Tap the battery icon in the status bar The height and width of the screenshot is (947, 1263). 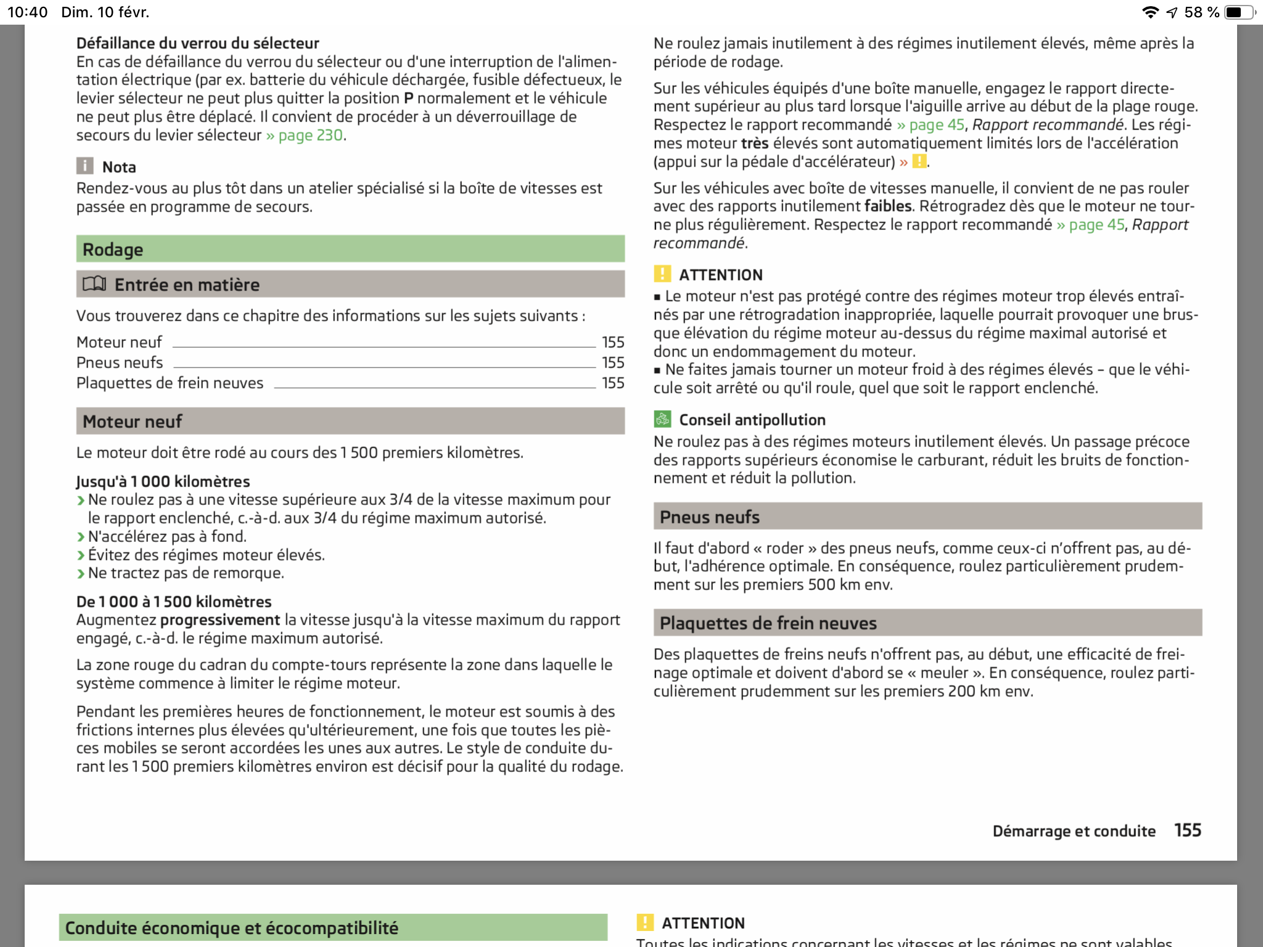click(1238, 12)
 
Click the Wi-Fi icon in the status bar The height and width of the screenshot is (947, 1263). click(1150, 12)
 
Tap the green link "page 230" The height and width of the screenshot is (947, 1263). click(310, 135)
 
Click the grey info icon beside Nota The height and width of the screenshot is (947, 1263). click(85, 166)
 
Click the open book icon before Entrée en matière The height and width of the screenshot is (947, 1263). click(94, 284)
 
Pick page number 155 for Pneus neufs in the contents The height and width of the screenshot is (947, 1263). click(613, 363)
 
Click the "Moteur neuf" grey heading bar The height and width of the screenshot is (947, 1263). click(350, 421)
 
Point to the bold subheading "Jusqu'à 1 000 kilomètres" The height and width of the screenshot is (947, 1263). click(163, 481)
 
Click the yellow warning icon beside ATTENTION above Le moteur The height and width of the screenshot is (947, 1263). click(662, 274)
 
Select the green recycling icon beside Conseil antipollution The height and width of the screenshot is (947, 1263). click(662, 419)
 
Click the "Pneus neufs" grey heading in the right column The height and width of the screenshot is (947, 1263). click(927, 517)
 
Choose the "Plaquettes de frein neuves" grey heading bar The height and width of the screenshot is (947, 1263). click(927, 623)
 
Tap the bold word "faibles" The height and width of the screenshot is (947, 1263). click(888, 206)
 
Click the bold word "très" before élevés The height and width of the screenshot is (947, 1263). click(754, 143)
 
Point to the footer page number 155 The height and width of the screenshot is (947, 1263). click(1187, 830)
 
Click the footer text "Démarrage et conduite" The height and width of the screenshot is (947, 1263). click(1074, 831)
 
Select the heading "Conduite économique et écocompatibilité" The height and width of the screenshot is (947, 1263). click(232, 927)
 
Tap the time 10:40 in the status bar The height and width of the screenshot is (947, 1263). click(28, 12)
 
